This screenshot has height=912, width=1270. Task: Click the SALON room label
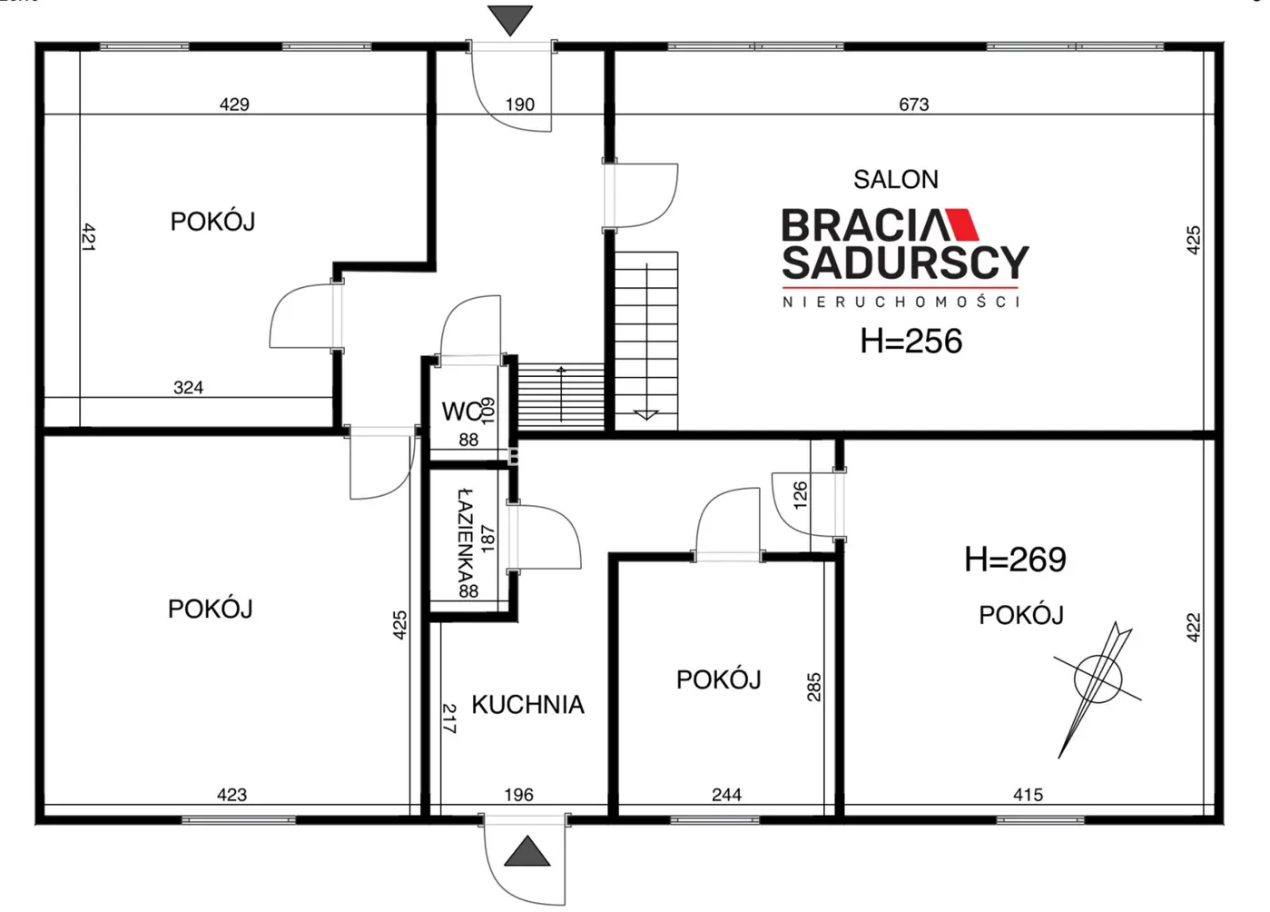[896, 179]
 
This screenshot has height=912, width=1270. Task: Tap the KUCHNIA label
[527, 704]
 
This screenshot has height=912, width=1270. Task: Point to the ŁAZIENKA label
[466, 537]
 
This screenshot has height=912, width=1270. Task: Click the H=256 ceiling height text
[911, 341]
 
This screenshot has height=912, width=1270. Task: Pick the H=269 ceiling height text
[1015, 560]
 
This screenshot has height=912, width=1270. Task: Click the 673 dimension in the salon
[914, 104]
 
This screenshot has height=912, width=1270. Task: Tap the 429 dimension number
[234, 104]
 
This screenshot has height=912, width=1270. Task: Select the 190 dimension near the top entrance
[519, 104]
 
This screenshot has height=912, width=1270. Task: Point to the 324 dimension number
[188, 387]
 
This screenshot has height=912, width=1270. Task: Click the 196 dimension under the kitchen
[518, 795]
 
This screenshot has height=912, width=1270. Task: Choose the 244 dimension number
[726, 795]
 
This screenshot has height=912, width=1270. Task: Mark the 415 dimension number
[1028, 795]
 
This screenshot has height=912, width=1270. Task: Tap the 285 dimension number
[813, 687]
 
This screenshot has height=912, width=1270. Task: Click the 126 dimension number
[800, 495]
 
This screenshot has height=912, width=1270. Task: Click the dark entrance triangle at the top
[509, 20]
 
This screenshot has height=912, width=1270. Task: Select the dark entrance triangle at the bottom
[527, 851]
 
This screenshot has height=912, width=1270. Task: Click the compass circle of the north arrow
[1098, 679]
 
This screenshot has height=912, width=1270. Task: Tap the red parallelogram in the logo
[964, 223]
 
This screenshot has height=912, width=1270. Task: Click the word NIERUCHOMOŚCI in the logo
[901, 302]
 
